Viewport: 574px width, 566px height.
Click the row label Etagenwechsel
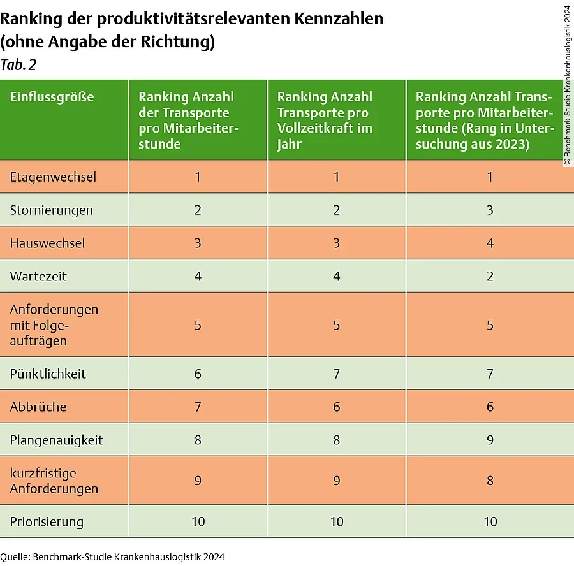pyautogui.click(x=53, y=177)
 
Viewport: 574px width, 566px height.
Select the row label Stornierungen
pyautogui.click(x=51, y=210)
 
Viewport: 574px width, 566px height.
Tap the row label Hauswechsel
pyautogui.click(x=47, y=243)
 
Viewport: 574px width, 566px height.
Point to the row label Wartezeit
pyautogui.click(x=38, y=277)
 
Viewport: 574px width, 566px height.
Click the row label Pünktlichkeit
pyautogui.click(x=48, y=374)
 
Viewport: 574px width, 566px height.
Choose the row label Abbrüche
pyautogui.click(x=38, y=407)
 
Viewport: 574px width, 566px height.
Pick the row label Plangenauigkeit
pyautogui.click(x=56, y=440)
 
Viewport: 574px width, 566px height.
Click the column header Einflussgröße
pyautogui.click(x=52, y=97)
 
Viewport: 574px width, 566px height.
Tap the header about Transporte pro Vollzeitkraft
pyautogui.click(x=325, y=120)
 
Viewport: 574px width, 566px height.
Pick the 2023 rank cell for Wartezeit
pyautogui.click(x=490, y=277)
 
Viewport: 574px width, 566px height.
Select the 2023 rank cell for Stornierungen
pyautogui.click(x=490, y=210)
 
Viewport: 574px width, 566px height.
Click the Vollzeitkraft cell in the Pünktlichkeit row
pyautogui.click(x=337, y=374)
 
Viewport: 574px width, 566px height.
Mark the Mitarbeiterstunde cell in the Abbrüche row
pyautogui.click(x=198, y=407)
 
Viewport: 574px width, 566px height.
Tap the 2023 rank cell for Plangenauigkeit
pyautogui.click(x=490, y=440)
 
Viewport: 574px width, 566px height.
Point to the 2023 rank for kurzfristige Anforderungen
pyautogui.click(x=490, y=481)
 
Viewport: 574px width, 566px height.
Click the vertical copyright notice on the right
pyautogui.click(x=567, y=85)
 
